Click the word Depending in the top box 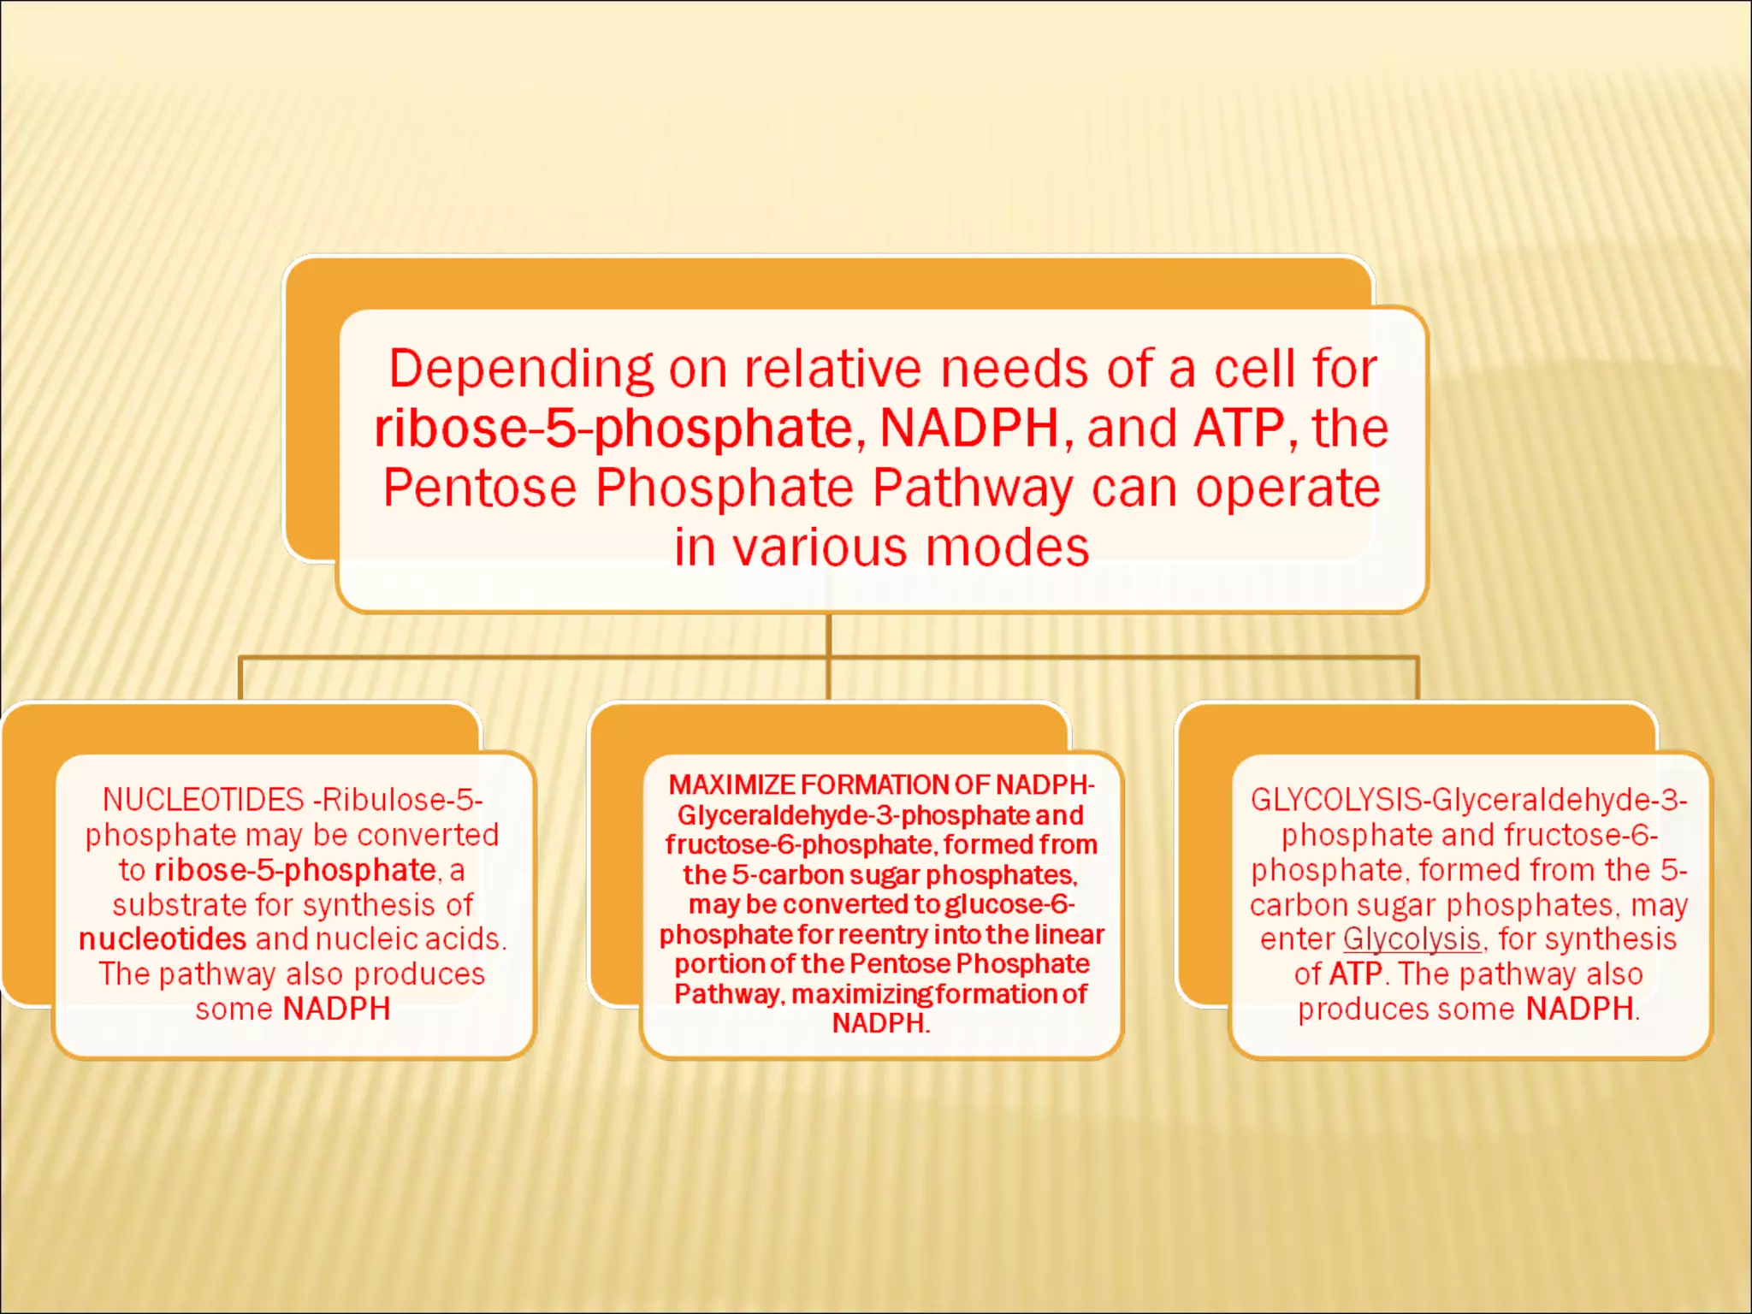521,369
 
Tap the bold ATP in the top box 1239,428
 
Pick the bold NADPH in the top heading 969,428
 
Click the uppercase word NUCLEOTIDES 203,800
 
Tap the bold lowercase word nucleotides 163,939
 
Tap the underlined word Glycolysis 1412,939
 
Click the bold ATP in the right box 1356,974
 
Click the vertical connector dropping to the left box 240,678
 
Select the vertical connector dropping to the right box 1417,678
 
